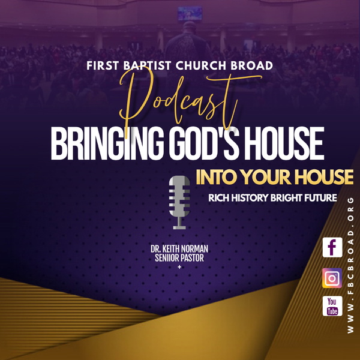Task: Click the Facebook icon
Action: (x=332, y=247)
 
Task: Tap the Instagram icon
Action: (x=332, y=278)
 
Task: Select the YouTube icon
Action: (x=332, y=306)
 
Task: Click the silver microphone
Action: (x=178, y=202)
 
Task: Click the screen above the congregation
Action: (x=190, y=14)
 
